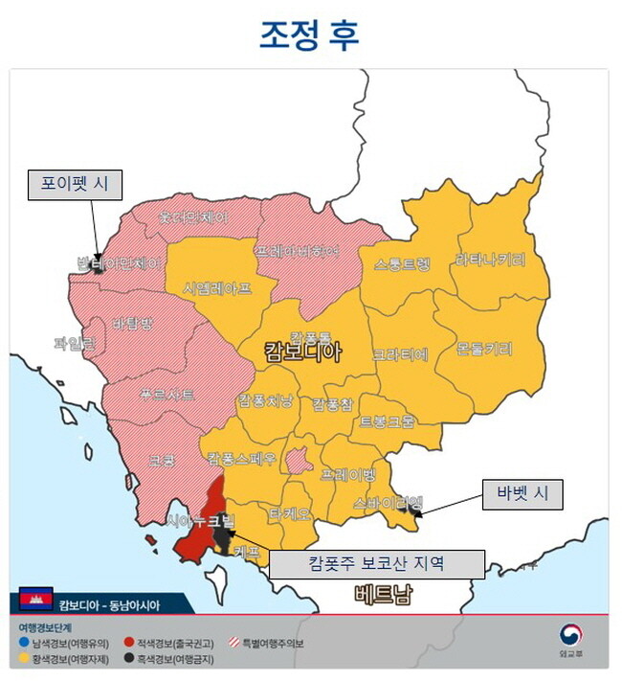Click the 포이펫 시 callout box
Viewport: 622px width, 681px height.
pyautogui.click(x=75, y=185)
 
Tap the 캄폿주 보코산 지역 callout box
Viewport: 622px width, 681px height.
pyautogui.click(x=376, y=563)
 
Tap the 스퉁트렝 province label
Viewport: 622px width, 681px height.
pyautogui.click(x=403, y=262)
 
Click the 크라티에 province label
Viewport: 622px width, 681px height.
pyautogui.click(x=400, y=353)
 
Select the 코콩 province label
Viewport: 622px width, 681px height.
pyautogui.click(x=161, y=461)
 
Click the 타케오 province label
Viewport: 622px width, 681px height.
pyautogui.click(x=290, y=513)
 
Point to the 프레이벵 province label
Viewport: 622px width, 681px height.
pyautogui.click(x=348, y=473)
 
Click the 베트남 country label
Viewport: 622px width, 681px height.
pyautogui.click(x=381, y=595)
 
